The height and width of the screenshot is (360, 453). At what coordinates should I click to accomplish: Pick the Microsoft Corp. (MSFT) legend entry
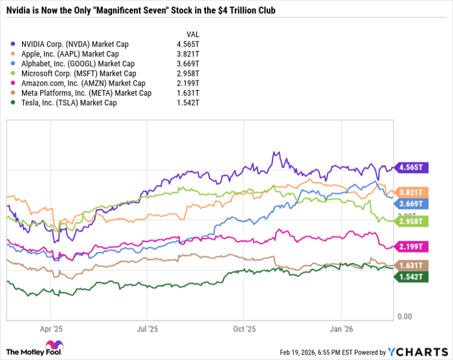74,73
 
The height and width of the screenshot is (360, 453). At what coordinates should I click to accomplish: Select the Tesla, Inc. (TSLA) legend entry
68,102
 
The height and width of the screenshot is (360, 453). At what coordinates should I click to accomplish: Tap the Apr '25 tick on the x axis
50,328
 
